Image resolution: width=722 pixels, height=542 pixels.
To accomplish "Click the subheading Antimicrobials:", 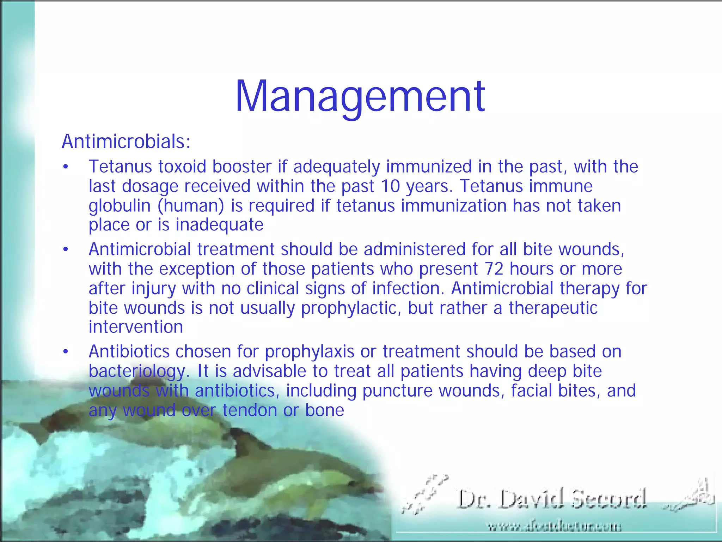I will pyautogui.click(x=126, y=142).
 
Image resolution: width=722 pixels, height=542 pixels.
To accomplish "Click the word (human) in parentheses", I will pyautogui.click(x=191, y=206).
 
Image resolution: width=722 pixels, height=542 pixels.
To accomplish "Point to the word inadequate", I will pyautogui.click(x=219, y=225).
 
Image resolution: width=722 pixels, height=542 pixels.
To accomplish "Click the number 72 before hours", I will pyautogui.click(x=494, y=269).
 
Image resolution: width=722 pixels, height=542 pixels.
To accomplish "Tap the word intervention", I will pyautogui.click(x=136, y=327).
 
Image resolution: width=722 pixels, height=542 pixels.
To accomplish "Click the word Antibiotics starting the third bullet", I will pyautogui.click(x=129, y=351).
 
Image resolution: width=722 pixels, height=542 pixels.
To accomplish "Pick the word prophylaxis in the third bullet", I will pyautogui.click(x=310, y=352).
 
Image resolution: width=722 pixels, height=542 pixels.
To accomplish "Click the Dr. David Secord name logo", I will pyautogui.click(x=552, y=499).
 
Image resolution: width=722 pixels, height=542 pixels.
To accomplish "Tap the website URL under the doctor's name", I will pyautogui.click(x=555, y=527).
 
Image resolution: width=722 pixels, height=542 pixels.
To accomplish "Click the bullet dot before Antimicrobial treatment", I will pyautogui.click(x=65, y=250).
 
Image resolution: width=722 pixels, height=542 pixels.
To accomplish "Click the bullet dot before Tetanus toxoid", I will pyautogui.click(x=65, y=167).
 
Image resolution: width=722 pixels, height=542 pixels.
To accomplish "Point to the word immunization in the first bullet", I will pyautogui.click(x=454, y=206).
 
